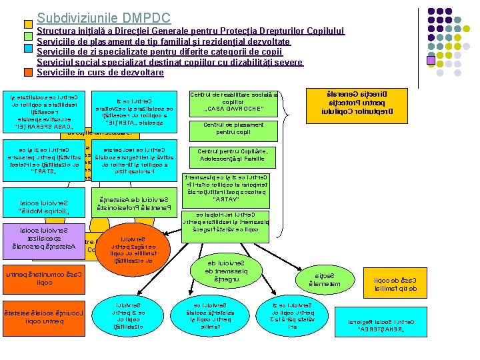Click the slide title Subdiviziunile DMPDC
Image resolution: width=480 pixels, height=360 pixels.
(104, 19)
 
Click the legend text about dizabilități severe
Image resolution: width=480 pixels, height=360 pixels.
(170, 62)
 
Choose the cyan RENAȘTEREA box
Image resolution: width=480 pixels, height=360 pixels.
(379, 325)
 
